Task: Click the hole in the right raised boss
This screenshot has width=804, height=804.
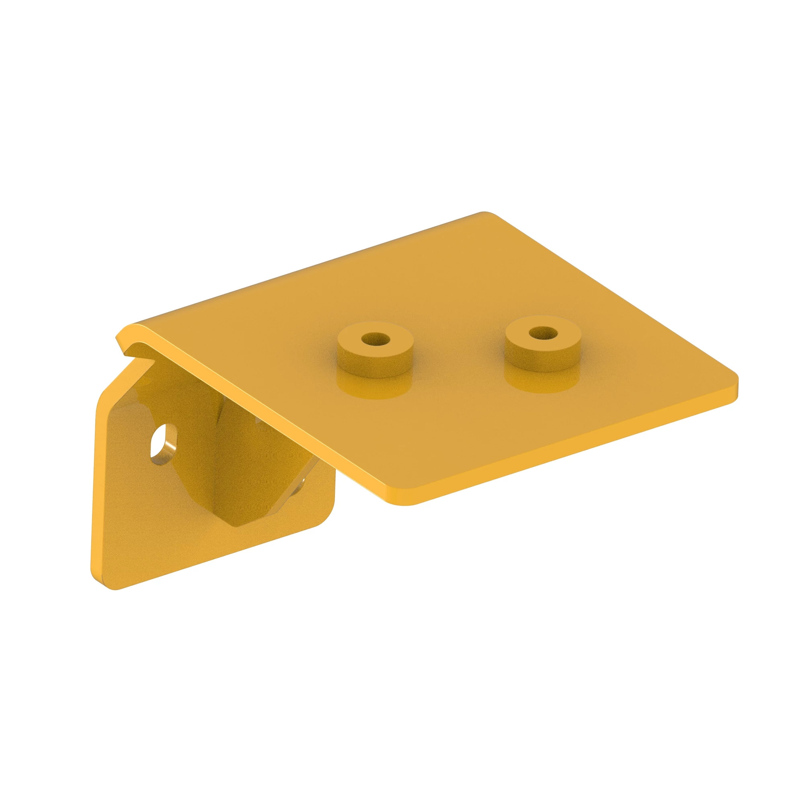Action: click(543, 332)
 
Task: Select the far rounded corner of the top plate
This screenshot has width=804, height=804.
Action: click(487, 215)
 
